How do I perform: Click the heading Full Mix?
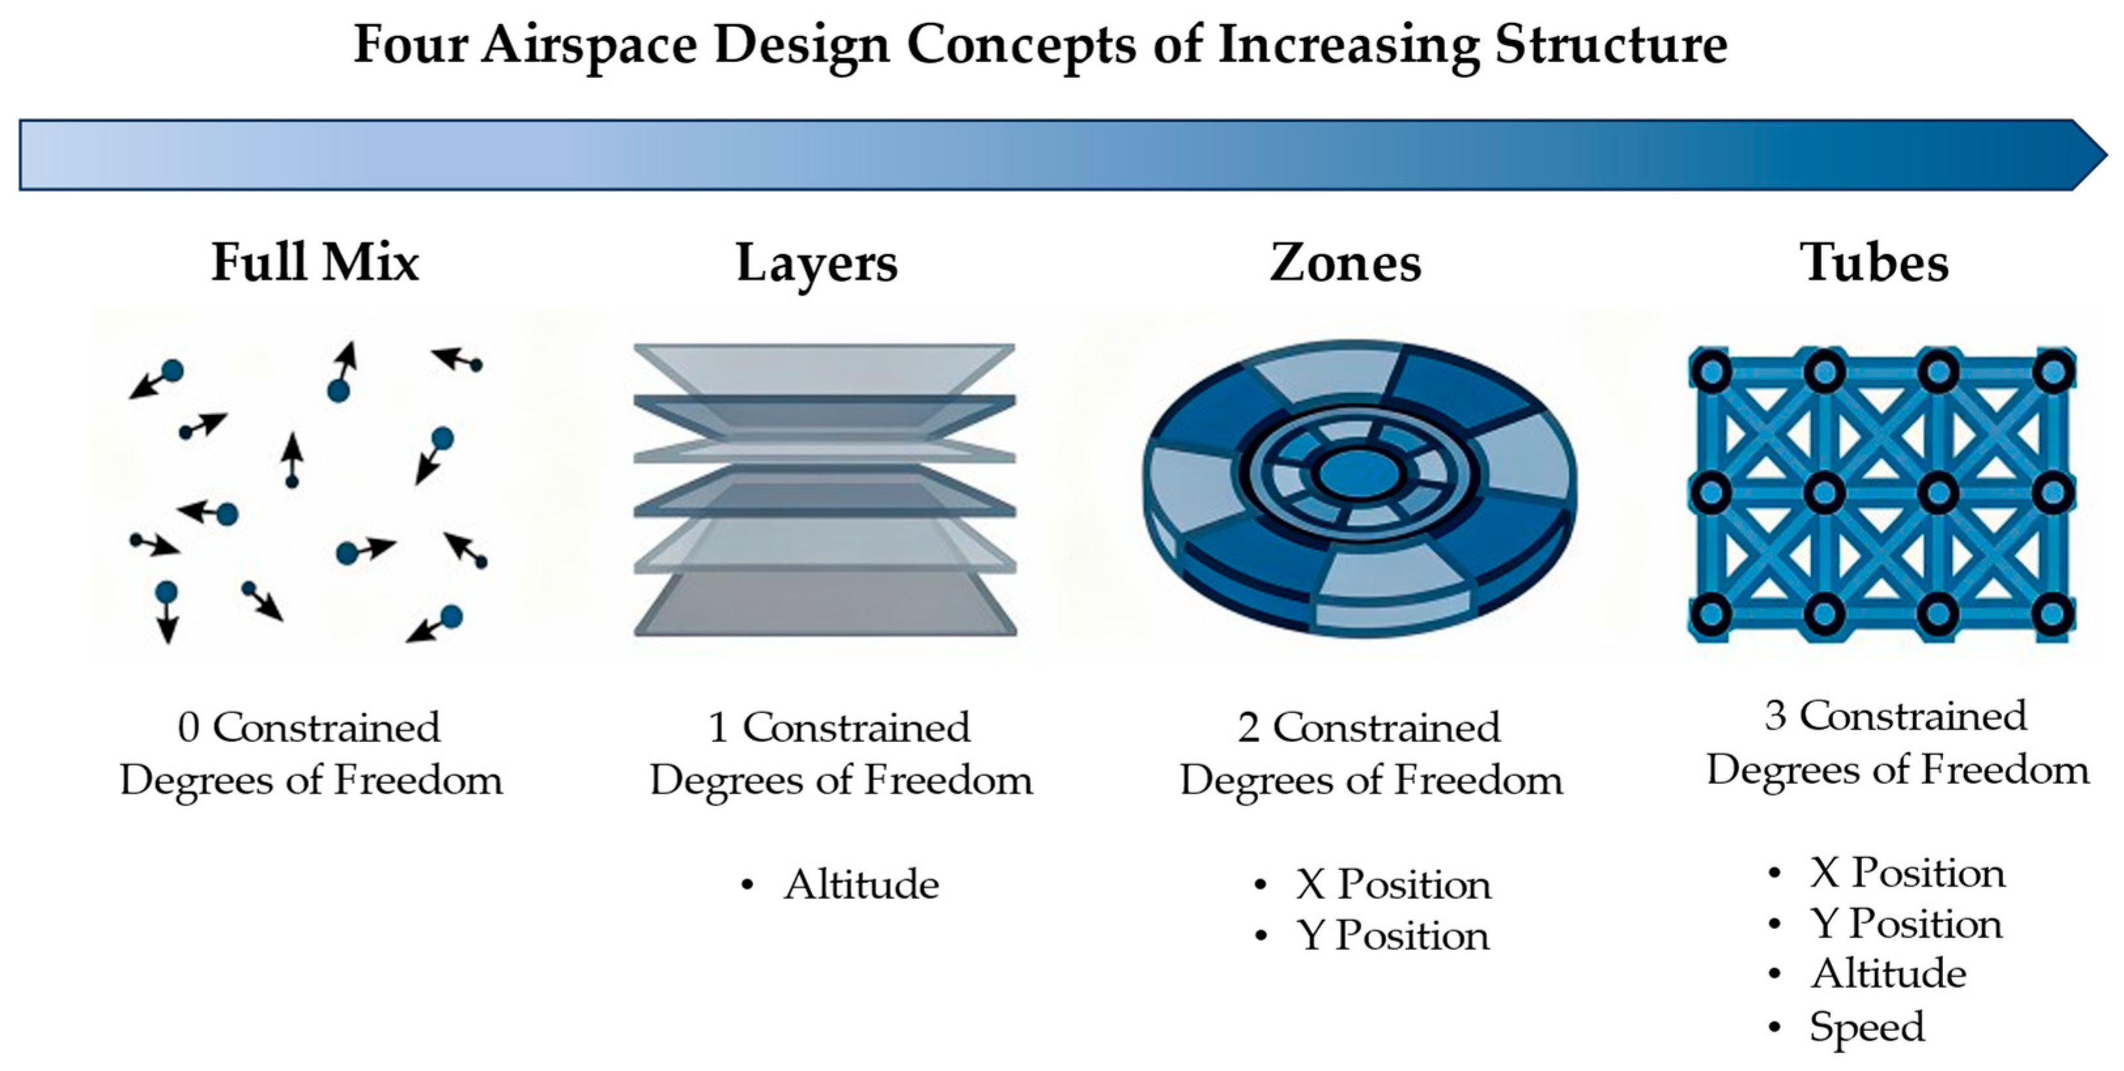[315, 262]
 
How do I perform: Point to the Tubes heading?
[1875, 262]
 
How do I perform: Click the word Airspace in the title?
[589, 44]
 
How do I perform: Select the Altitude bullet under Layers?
[861, 885]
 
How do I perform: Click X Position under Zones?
[1393, 885]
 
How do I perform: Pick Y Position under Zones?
[1393, 936]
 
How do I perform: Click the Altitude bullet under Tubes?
[1888, 974]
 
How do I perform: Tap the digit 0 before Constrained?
[189, 728]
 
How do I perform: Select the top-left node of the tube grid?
[1710, 372]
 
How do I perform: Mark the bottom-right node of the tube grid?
[2052, 614]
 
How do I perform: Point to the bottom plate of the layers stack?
[825, 606]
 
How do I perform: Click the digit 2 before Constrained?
[1248, 728]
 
